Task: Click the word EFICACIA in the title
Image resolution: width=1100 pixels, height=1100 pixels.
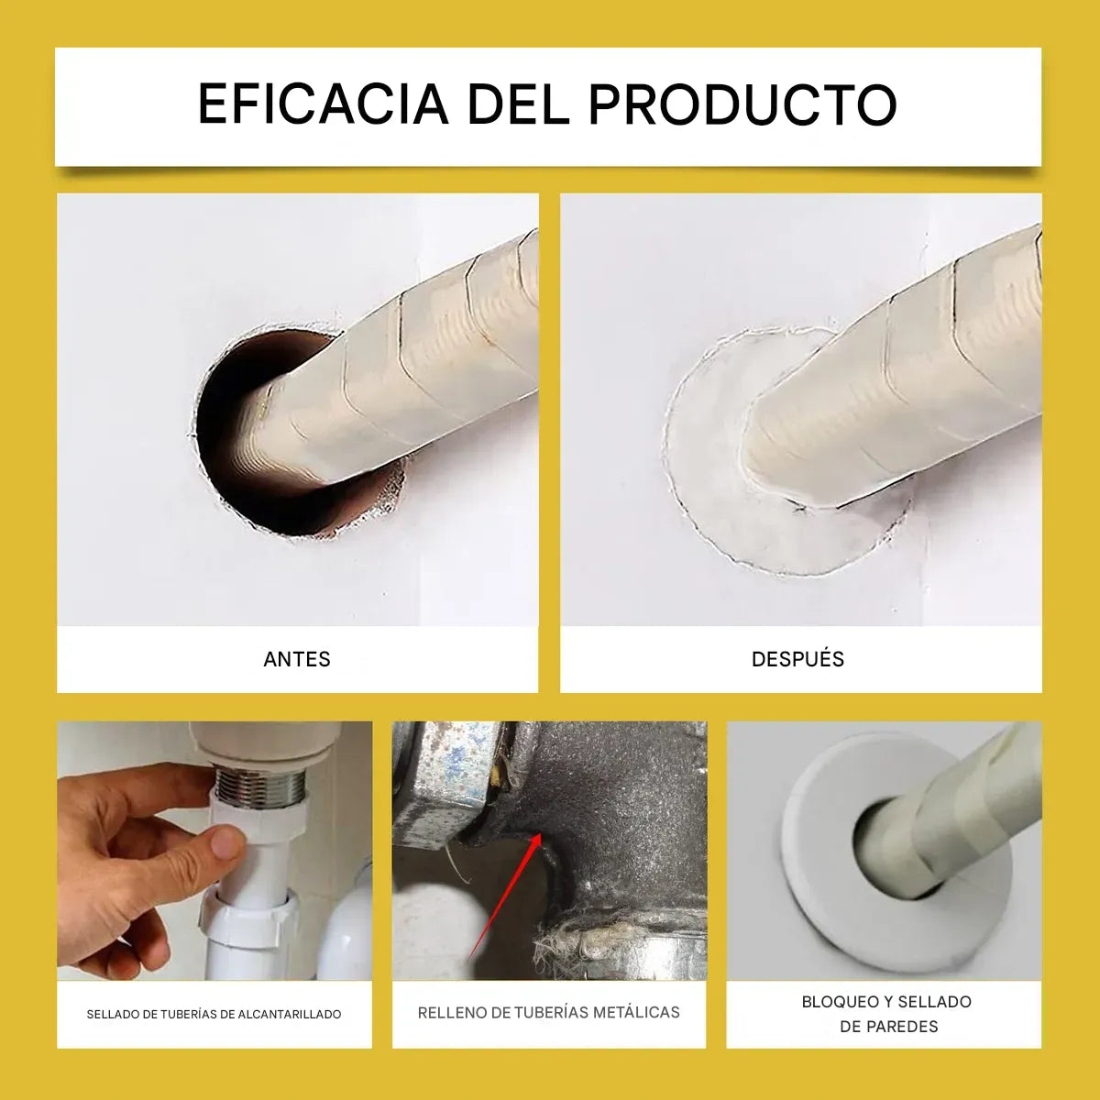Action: [322, 104]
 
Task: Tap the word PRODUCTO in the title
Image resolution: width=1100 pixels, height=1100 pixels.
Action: [742, 104]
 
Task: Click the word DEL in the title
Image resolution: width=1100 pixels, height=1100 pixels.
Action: [518, 104]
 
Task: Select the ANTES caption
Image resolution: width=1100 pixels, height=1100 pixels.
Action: [296, 659]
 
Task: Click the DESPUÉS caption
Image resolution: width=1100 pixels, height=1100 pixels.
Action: [797, 659]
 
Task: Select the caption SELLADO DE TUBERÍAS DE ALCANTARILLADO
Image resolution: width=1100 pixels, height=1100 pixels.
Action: [214, 1015]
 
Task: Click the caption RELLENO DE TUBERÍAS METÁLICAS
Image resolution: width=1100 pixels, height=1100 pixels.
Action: [548, 1013]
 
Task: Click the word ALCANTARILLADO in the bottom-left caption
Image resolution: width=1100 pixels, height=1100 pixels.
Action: [289, 1015]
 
